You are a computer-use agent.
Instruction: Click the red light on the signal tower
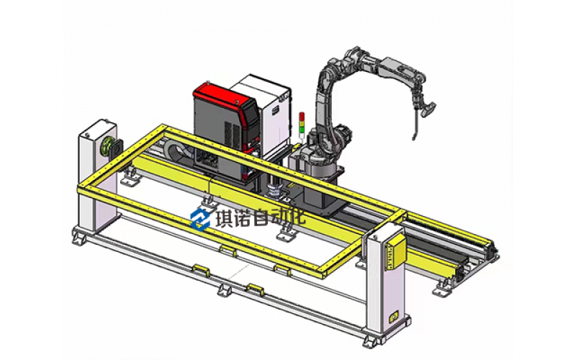tap(302, 117)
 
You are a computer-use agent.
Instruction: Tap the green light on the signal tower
tap(302, 130)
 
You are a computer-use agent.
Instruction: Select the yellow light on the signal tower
tap(302, 123)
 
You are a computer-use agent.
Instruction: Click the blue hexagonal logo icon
tap(200, 220)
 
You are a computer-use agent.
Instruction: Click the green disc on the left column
tap(108, 147)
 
